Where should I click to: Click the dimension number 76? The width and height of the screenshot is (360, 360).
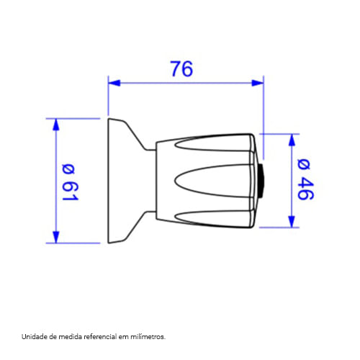(181, 69)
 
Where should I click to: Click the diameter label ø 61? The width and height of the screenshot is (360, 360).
(70, 182)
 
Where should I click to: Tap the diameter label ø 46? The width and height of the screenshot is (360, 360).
(305, 179)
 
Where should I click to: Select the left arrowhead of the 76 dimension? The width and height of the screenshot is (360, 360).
(114, 83)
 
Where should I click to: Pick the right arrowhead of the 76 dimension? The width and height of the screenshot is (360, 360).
(257, 83)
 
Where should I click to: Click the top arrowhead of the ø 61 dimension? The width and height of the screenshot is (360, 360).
(55, 125)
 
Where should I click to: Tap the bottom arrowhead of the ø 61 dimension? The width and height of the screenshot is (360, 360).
(55, 237)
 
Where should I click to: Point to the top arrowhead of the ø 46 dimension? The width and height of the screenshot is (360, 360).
(292, 140)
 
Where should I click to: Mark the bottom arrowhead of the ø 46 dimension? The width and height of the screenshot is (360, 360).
(292, 222)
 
